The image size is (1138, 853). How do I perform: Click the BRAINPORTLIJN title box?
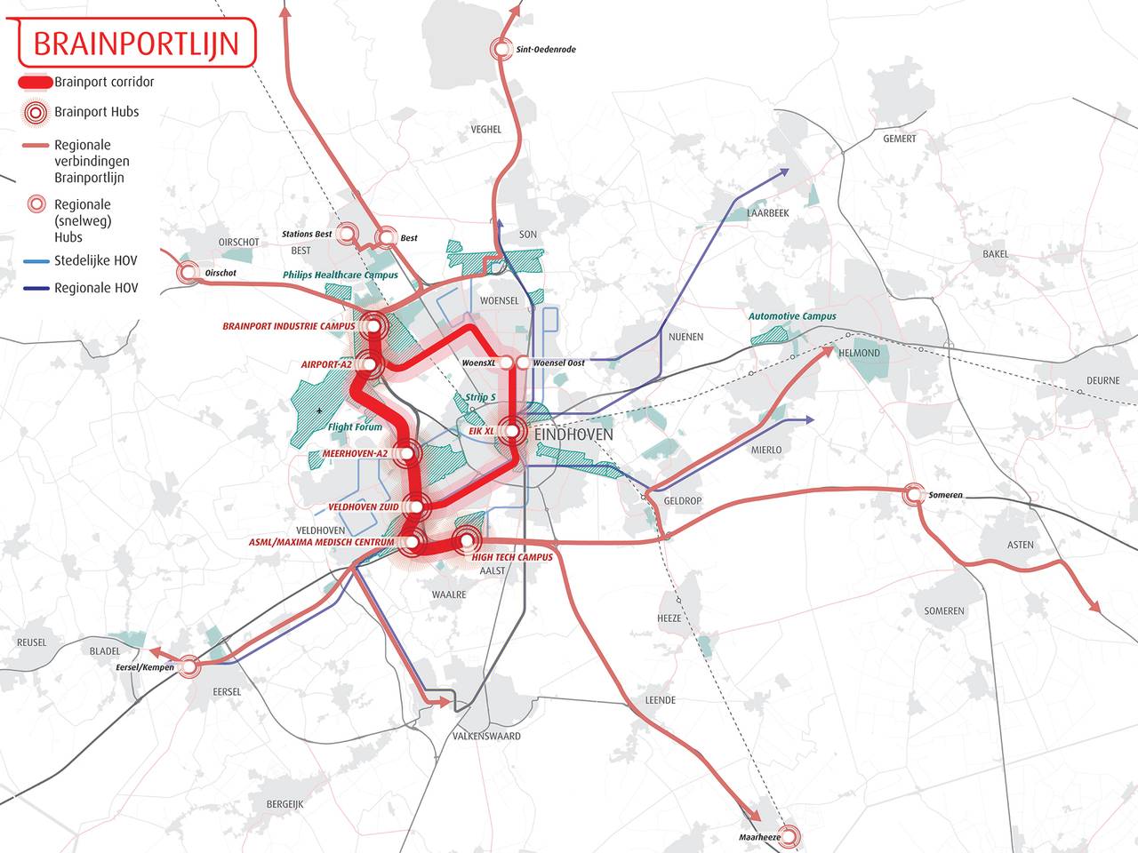click(x=135, y=43)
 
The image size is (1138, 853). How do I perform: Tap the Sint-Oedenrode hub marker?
click(x=503, y=50)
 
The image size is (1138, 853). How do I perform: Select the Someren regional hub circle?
click(x=913, y=495)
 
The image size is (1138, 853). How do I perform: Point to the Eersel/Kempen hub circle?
click(x=188, y=666)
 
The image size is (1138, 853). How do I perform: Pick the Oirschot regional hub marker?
click(x=188, y=273)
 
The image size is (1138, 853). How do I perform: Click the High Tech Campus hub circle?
click(x=465, y=539)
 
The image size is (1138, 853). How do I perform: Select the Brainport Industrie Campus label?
click(x=289, y=326)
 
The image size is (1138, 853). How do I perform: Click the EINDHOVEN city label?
click(x=574, y=435)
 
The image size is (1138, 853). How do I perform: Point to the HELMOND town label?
click(x=859, y=353)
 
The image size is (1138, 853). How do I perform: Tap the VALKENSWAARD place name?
click(x=486, y=736)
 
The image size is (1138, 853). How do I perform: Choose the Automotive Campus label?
click(x=792, y=316)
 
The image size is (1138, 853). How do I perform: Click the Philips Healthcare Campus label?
click(x=341, y=275)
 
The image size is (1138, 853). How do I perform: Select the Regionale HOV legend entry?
click(x=96, y=288)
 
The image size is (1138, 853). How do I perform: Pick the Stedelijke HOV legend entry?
click(x=96, y=261)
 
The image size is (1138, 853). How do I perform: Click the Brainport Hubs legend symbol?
click(x=35, y=112)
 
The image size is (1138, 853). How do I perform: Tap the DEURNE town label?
click(x=1102, y=380)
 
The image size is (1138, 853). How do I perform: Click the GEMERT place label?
click(x=899, y=139)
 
